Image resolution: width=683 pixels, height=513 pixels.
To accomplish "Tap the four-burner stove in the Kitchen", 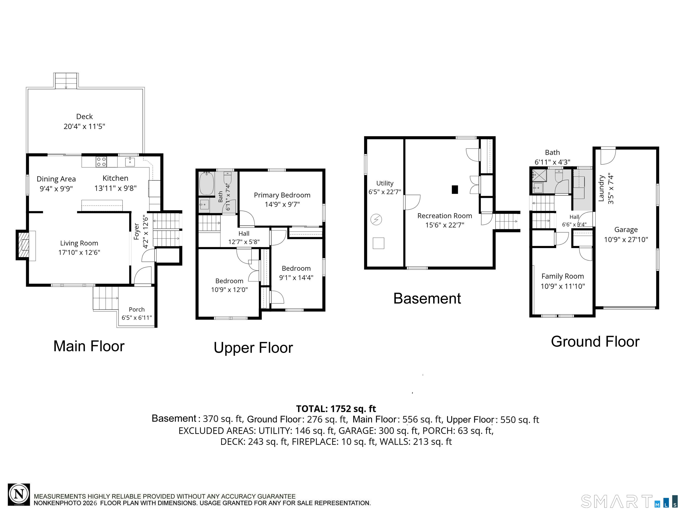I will pyautogui.click(x=101, y=162).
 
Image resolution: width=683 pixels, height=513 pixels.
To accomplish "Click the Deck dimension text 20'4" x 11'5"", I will pyautogui.click(x=84, y=126).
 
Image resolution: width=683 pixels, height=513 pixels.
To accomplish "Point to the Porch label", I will pyautogui.click(x=137, y=309).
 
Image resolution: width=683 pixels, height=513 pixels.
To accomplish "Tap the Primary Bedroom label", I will pyautogui.click(x=282, y=195).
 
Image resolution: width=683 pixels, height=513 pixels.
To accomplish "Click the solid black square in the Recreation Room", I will pyautogui.click(x=455, y=189).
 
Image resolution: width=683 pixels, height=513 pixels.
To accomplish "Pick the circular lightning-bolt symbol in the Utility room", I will pyautogui.click(x=376, y=219).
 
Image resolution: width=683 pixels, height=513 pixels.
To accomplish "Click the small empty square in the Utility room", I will pyautogui.click(x=378, y=243).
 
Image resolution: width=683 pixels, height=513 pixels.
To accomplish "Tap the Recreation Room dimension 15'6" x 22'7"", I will pyautogui.click(x=445, y=225).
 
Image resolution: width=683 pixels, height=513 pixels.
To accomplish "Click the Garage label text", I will pyautogui.click(x=626, y=230).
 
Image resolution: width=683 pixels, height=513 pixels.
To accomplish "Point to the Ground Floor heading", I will pyautogui.click(x=595, y=342).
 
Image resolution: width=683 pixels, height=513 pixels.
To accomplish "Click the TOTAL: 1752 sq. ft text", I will pyautogui.click(x=336, y=409).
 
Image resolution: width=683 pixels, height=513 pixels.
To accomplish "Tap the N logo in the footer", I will pyautogui.click(x=19, y=495).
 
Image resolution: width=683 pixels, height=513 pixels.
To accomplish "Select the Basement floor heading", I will pyautogui.click(x=427, y=299).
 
